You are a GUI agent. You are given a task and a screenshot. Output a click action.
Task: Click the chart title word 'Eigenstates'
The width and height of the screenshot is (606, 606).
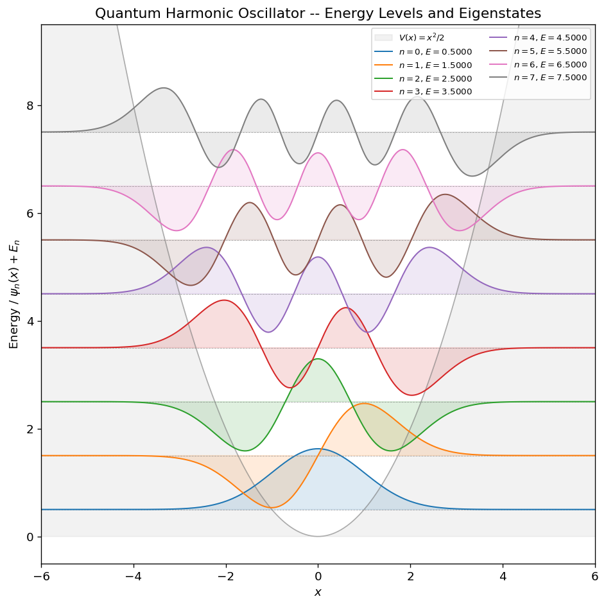(500, 13)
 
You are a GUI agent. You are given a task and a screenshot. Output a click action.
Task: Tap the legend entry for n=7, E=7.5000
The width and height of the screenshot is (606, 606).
(550, 78)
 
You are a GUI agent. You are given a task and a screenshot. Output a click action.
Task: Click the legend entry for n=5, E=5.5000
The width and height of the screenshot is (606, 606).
(550, 51)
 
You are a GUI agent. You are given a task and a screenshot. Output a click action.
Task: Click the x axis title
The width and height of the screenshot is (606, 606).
(318, 592)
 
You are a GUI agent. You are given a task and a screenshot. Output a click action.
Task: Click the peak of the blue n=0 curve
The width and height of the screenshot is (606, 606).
(318, 449)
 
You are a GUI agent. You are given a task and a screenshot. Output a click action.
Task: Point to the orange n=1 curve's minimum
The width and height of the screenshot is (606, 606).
(272, 508)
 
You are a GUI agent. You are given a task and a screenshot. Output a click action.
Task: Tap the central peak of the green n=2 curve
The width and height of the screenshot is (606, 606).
(318, 359)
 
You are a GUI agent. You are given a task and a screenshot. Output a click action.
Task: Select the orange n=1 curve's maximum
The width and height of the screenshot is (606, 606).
(364, 403)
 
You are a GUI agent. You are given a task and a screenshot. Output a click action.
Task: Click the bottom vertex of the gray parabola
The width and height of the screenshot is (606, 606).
(318, 536)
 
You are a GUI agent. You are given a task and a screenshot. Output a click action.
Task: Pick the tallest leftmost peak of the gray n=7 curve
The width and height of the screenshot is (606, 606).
(164, 87)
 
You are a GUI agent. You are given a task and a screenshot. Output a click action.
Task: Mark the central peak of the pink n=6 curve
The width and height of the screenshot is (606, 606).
(318, 153)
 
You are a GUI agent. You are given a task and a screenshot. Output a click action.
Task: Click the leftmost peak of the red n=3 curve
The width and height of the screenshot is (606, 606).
(224, 300)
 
